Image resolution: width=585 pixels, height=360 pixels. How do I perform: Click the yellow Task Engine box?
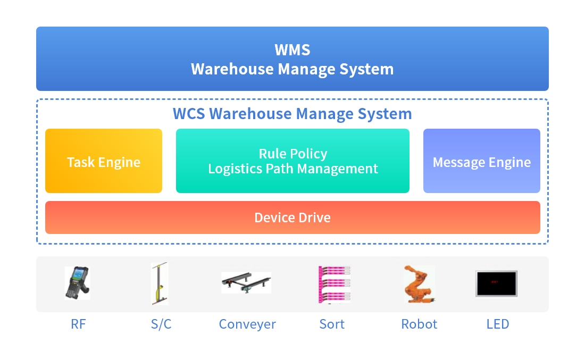click(104, 161)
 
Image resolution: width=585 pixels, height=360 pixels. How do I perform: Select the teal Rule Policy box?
click(292, 161)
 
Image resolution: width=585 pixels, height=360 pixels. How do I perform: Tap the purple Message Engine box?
click(482, 161)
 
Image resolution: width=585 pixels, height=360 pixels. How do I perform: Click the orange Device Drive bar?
click(292, 217)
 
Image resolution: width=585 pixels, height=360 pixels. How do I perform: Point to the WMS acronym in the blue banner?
click(292, 50)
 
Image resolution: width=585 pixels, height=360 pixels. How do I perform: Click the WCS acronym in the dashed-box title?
click(189, 114)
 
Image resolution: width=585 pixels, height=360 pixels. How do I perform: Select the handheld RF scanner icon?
click(77, 283)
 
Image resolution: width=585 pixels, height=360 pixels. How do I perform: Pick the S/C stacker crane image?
click(160, 283)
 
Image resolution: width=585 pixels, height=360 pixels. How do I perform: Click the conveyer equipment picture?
click(246, 282)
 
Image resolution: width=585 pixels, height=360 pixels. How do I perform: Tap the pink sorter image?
click(335, 284)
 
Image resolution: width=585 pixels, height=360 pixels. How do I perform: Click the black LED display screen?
click(497, 284)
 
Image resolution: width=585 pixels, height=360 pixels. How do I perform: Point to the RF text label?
click(78, 324)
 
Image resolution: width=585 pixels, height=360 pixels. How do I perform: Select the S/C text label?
click(161, 324)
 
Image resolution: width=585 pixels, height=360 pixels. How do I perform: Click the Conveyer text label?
click(247, 324)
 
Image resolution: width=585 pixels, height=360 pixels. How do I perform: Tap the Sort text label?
click(332, 324)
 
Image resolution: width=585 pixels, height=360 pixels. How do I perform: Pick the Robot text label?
click(419, 324)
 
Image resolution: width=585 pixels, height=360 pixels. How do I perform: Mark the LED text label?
click(498, 324)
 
